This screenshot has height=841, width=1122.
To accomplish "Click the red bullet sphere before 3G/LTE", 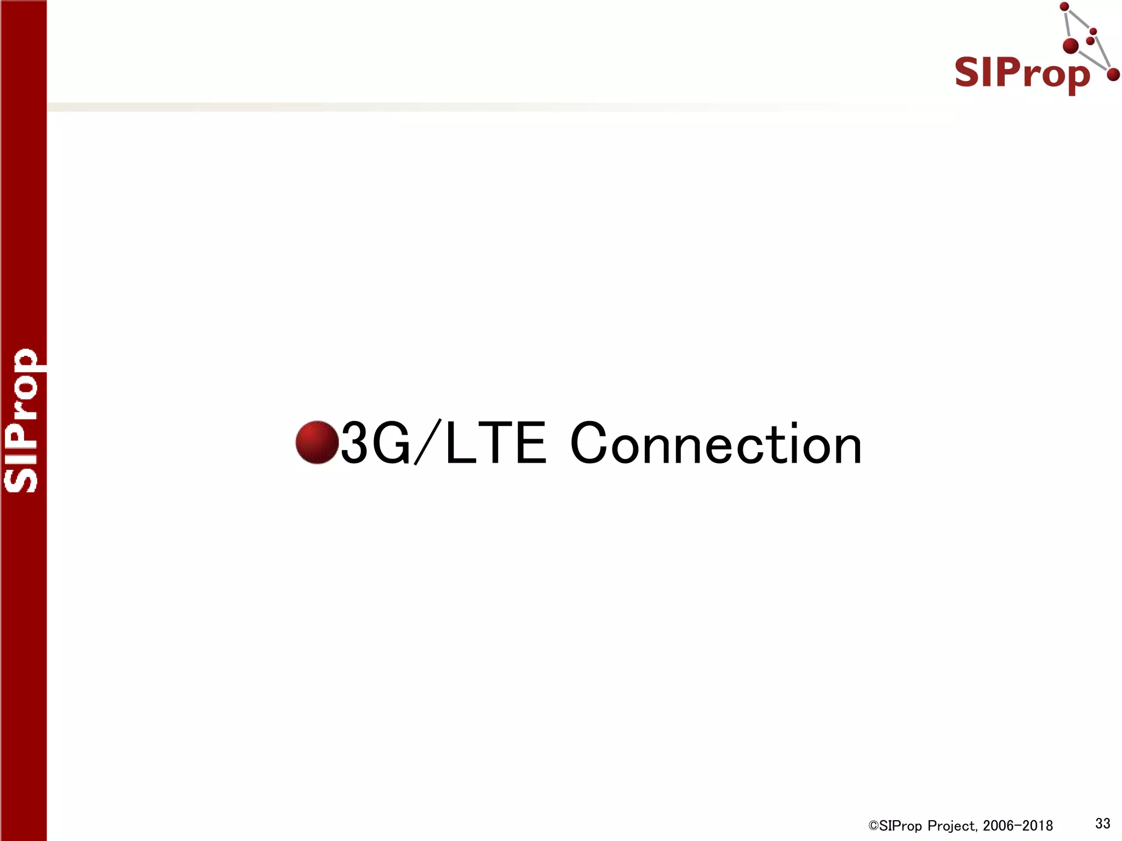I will point(317,442).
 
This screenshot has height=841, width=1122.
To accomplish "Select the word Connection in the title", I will point(715,443).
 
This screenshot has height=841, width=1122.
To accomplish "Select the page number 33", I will point(1102,823).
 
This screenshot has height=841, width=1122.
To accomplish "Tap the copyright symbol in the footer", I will point(873,826).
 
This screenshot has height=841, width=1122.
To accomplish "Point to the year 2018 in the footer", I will point(1036,826).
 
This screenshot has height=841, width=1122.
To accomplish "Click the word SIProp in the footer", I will point(901,826).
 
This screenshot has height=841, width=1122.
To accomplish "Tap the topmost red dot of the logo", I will point(1064,7).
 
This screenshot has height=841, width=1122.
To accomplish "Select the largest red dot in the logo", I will point(1071,46).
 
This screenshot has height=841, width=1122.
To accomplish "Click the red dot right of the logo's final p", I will point(1113,74).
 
